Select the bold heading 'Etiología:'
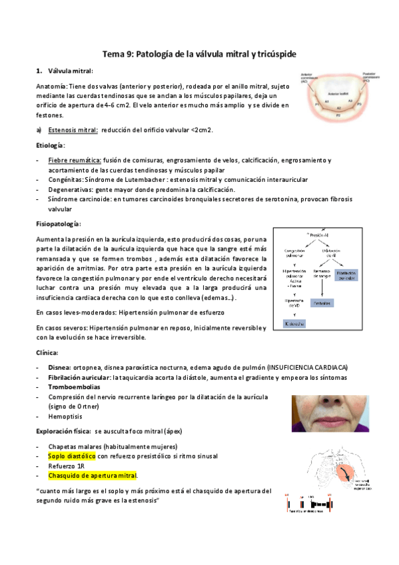coord(50,145)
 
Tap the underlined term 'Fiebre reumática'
coord(75,161)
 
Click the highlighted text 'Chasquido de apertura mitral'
coord(93,476)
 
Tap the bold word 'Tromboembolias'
coord(75,386)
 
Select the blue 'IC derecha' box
coord(295,324)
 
